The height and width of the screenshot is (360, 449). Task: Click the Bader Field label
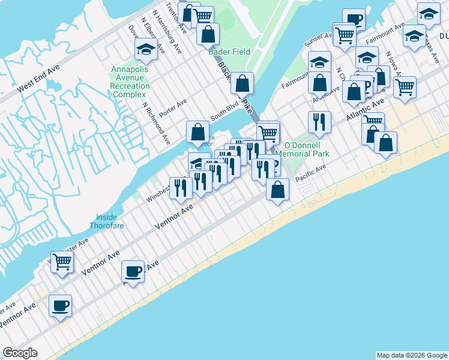pyautogui.click(x=229, y=52)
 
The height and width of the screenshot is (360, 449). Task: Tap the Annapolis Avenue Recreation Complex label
pyautogui.click(x=130, y=82)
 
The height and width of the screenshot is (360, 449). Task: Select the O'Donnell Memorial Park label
pyautogui.click(x=306, y=149)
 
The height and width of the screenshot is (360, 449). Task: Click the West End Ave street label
pyautogui.click(x=38, y=79)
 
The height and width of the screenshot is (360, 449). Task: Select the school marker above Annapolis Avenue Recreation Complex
pyautogui.click(x=146, y=50)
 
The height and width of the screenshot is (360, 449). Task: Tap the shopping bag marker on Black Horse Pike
pyautogui.click(x=242, y=83)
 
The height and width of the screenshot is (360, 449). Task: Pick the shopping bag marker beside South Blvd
pyautogui.click(x=197, y=131)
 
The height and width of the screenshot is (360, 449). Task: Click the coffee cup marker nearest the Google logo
pyautogui.click(x=60, y=305)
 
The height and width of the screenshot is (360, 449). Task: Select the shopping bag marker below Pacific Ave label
pyautogui.click(x=277, y=190)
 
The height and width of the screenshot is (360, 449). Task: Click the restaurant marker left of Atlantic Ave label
pyautogui.click(x=319, y=122)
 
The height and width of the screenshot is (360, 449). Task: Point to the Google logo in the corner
pyautogui.click(x=20, y=353)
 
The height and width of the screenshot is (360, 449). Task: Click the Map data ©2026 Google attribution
pyautogui.click(x=412, y=355)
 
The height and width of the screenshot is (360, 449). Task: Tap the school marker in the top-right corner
pyautogui.click(x=429, y=14)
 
